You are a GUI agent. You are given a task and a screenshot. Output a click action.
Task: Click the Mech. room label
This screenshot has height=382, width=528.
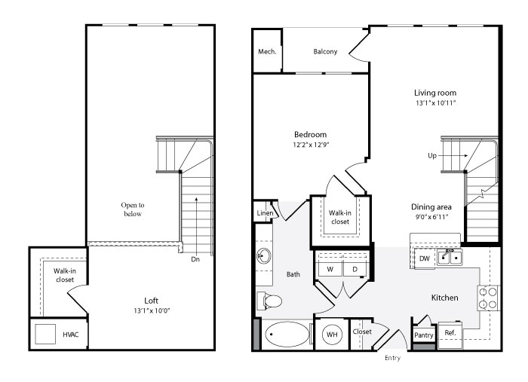[x=267, y=51]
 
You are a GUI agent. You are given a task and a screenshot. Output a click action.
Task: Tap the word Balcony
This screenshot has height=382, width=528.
[x=325, y=51]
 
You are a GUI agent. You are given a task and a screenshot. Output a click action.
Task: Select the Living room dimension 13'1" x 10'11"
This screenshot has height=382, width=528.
[x=435, y=103]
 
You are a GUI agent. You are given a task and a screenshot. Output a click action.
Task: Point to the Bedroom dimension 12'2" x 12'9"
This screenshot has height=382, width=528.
[x=311, y=145]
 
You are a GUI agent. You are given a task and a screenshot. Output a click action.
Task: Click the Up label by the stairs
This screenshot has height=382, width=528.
[x=432, y=156]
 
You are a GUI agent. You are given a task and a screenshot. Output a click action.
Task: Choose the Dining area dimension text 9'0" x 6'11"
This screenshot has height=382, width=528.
[x=431, y=217]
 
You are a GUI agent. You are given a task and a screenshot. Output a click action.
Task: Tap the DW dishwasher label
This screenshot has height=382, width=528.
[x=425, y=258]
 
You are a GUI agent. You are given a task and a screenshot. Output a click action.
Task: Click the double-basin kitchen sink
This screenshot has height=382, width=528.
[x=450, y=257]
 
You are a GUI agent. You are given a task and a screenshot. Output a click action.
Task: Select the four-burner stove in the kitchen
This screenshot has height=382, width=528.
[x=488, y=298]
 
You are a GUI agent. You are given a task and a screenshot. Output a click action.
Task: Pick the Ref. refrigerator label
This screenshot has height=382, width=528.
[x=450, y=333]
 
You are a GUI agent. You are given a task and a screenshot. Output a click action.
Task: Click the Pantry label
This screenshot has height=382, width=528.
[x=424, y=335]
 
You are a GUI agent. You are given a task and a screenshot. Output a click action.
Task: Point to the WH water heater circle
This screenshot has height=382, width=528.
[x=332, y=335]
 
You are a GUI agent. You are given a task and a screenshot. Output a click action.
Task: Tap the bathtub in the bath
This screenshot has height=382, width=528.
[x=287, y=335]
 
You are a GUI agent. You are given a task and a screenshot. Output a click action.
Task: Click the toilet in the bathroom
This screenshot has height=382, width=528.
[x=269, y=301]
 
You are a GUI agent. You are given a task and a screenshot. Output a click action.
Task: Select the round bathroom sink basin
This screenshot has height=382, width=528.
[x=264, y=255]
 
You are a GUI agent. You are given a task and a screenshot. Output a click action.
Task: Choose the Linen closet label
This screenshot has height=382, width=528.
[x=265, y=213]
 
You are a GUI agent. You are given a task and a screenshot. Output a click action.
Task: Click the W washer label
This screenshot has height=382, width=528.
[x=330, y=269]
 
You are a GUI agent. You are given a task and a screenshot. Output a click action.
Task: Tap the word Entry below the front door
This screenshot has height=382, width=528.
[x=393, y=358]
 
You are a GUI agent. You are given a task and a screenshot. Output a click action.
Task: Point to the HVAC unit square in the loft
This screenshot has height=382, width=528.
[x=45, y=334]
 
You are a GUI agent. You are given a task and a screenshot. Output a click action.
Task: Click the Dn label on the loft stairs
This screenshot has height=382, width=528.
[x=195, y=259]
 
